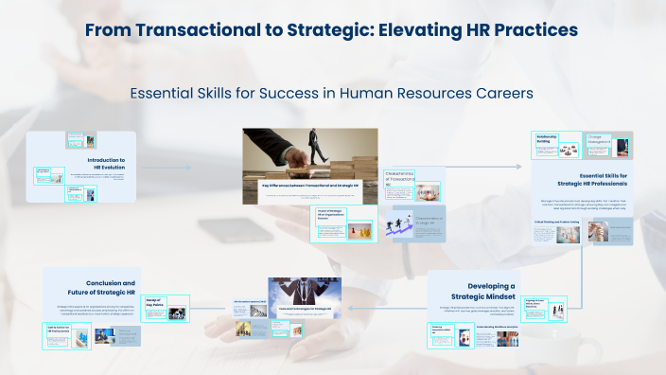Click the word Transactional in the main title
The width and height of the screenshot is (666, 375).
click(x=198, y=30)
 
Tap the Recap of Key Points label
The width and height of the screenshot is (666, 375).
click(x=153, y=302)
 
